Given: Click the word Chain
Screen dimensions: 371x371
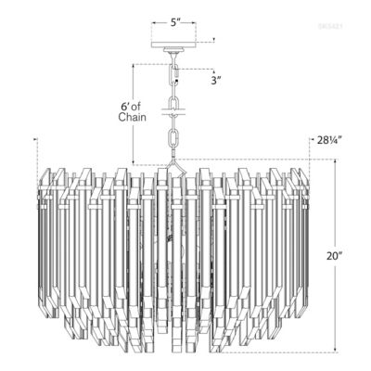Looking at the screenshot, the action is [x=133, y=118].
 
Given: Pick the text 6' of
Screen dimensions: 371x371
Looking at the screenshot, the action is [x=132, y=106].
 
